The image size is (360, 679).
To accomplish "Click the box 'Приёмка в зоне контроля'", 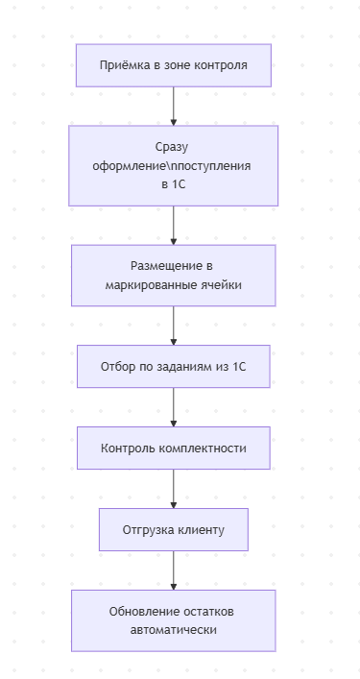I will (173, 65).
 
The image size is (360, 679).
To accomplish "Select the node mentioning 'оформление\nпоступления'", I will (173, 165).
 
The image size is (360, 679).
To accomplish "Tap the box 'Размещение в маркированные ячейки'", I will (173, 275).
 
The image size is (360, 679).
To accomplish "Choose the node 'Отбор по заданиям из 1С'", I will (173, 366).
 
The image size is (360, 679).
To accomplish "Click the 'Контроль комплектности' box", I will (173, 448).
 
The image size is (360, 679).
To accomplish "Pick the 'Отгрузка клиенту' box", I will (173, 529).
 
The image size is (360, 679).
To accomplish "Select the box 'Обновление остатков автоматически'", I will (173, 620).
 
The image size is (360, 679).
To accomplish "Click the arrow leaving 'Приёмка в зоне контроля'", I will (173, 106).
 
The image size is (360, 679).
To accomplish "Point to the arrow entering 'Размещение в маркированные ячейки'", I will (173, 225).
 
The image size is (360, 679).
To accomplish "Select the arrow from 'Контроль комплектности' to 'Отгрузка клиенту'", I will (173, 488).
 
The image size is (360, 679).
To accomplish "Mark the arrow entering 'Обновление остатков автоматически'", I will (173, 570).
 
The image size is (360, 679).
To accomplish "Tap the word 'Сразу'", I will (173, 147).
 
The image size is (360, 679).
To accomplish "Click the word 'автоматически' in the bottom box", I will (173, 630).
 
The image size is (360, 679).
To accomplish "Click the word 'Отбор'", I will (119, 366).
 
